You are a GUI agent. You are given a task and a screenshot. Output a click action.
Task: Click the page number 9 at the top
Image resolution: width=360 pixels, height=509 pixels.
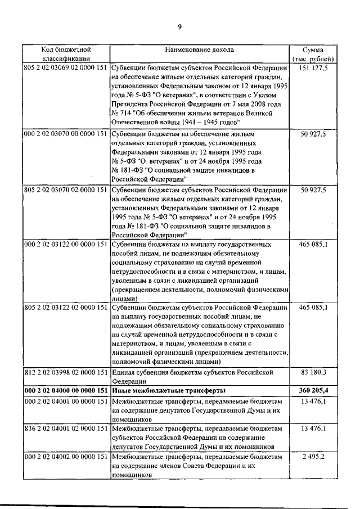[x=179, y=27]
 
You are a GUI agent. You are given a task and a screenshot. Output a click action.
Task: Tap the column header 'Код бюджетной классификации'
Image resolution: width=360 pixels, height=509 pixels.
[x=66, y=53]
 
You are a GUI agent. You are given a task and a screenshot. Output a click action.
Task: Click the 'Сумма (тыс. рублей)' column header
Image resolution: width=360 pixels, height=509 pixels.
[x=313, y=53]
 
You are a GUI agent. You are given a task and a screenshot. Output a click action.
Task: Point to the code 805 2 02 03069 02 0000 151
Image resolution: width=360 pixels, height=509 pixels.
[x=66, y=68]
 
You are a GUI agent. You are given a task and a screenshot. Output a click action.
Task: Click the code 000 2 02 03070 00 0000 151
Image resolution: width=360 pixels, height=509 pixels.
[x=66, y=134]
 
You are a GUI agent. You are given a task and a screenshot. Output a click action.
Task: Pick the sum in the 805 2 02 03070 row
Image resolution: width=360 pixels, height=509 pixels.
[x=314, y=190]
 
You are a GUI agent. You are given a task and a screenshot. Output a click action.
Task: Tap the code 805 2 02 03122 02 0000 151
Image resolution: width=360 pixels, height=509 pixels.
[x=66, y=308]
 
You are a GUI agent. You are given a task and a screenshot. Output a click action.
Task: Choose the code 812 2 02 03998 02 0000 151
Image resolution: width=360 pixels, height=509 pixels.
[x=66, y=372]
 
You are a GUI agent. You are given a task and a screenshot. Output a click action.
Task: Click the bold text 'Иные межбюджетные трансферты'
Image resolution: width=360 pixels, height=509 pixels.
[x=169, y=390]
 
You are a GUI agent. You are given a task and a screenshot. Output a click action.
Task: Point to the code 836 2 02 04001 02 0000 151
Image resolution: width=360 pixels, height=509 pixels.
[x=66, y=428]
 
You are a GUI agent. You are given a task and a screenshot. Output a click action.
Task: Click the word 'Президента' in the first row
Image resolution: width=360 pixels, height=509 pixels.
[x=130, y=104]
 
